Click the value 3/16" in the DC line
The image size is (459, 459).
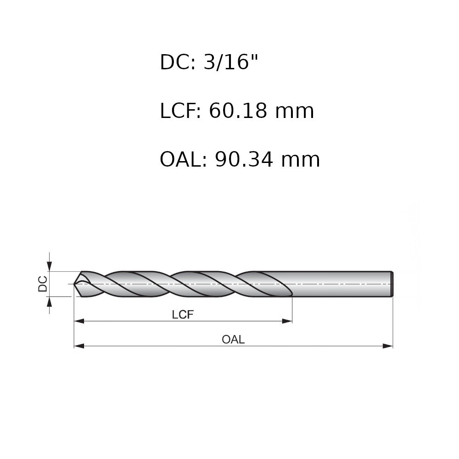click(231, 62)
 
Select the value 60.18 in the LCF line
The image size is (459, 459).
click(238, 111)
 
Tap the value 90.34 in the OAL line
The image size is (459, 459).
click(244, 160)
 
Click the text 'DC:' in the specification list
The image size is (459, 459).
click(177, 62)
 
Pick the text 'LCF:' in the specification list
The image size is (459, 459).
click(180, 111)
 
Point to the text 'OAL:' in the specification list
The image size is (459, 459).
click(183, 160)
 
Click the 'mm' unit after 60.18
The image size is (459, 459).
click(295, 113)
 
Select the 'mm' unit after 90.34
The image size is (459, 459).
click(301, 162)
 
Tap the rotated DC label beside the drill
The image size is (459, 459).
click(43, 284)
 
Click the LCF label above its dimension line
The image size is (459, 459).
click(183, 315)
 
